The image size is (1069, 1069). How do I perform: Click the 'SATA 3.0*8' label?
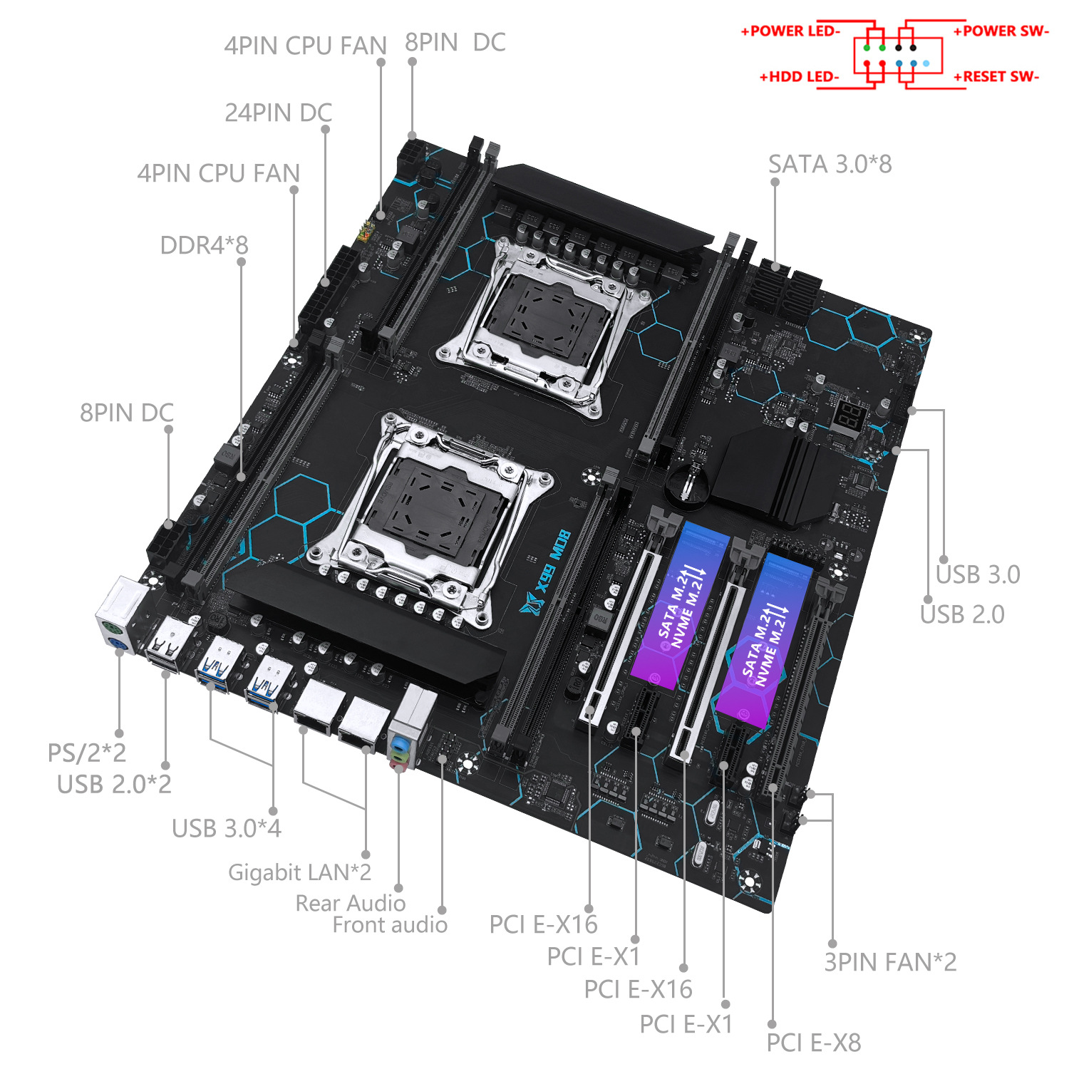pyautogui.click(x=830, y=165)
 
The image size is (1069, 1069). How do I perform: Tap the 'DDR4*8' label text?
pyautogui.click(x=204, y=245)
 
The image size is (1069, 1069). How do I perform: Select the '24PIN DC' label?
pyautogui.click(x=278, y=113)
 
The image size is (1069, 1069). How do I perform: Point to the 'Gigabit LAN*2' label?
pyautogui.click(x=299, y=872)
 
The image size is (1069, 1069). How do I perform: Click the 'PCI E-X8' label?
pyautogui.click(x=813, y=1043)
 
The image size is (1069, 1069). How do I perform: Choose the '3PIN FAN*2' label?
pyautogui.click(x=890, y=962)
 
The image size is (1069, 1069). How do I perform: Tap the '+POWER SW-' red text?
pyautogui.click(x=1001, y=31)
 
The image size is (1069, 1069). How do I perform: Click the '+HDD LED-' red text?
pyautogui.click(x=799, y=77)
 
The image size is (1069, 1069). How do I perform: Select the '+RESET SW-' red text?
pyautogui.click(x=996, y=77)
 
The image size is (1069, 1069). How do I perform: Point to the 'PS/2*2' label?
pyautogui.click(x=86, y=753)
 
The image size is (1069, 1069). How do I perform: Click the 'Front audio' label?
pyautogui.click(x=390, y=925)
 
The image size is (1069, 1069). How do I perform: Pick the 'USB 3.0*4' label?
pyautogui.click(x=226, y=828)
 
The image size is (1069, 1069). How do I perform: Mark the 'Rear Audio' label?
pyautogui.click(x=350, y=903)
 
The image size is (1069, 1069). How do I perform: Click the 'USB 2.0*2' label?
pyautogui.click(x=114, y=784)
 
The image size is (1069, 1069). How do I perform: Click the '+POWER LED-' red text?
pyautogui.click(x=790, y=31)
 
